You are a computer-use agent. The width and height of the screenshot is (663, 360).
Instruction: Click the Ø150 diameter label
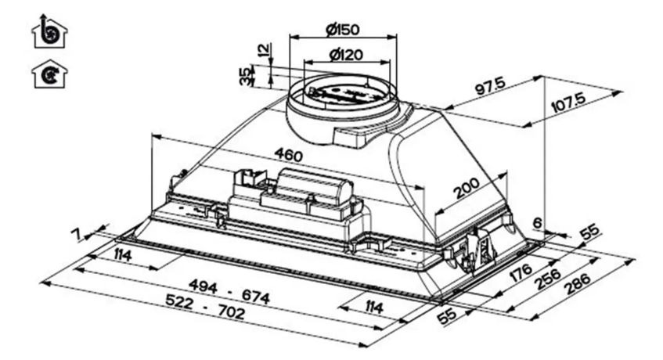(x=343, y=30)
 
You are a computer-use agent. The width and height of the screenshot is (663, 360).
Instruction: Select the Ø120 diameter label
(x=346, y=55)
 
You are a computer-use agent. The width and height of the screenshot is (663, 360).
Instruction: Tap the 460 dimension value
(x=289, y=155)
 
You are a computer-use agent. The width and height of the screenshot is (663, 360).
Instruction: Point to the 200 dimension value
(x=467, y=189)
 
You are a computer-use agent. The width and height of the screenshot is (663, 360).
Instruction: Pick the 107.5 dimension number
(x=569, y=103)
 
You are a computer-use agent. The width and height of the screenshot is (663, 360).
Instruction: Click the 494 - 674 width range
(x=229, y=291)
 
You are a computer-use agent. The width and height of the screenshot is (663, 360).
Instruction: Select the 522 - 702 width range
(x=205, y=307)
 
